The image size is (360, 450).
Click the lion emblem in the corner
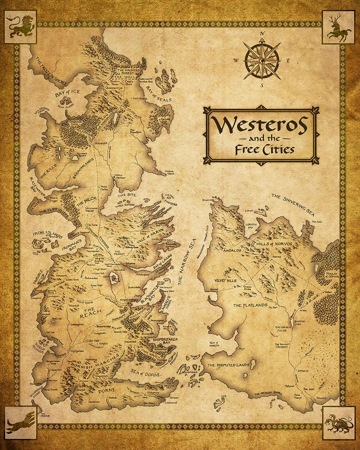pos(20,27)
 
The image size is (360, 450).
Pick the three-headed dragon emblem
pos(338,423)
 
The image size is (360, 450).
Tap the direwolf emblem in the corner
pos(20,423)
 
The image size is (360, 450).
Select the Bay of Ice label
pos(67,92)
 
